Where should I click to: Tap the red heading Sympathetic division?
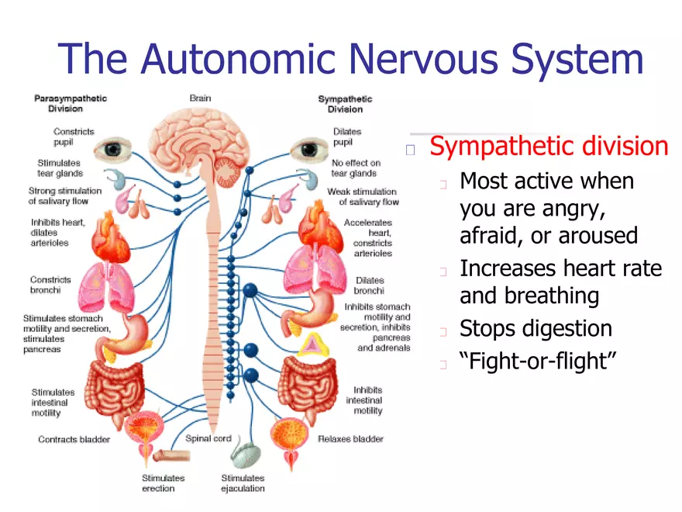(548, 146)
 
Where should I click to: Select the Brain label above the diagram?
(200, 99)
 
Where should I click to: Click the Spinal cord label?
(208, 438)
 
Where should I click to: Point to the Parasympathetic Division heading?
(71, 104)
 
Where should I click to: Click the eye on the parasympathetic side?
(119, 147)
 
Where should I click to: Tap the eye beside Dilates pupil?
(313, 147)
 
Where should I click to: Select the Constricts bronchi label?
(51, 285)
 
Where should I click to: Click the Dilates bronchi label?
(369, 285)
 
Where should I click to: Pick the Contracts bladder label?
(74, 440)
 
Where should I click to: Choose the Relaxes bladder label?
(350, 439)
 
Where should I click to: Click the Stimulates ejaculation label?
(243, 483)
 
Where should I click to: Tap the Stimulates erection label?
(163, 483)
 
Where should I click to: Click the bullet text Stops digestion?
(536, 329)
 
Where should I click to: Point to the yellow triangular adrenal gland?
(312, 343)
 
